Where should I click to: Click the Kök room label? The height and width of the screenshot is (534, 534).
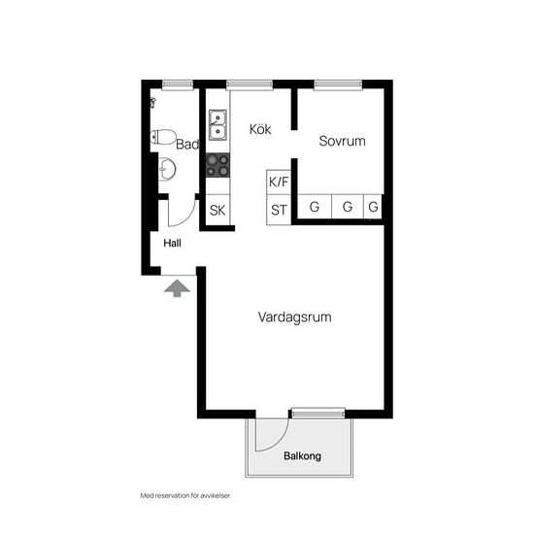(260, 129)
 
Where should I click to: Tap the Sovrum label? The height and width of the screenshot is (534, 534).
(343, 141)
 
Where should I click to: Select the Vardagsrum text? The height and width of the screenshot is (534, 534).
(294, 317)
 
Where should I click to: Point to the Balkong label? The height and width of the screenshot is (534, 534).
(302, 456)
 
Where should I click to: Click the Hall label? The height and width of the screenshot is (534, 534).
(172, 243)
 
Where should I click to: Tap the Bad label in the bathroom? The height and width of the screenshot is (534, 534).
(187, 144)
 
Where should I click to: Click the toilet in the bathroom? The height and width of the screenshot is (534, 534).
(163, 137)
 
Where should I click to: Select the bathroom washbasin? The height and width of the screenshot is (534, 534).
(167, 169)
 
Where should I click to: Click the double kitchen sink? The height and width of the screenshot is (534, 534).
(217, 124)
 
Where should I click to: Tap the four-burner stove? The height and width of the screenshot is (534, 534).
(217, 165)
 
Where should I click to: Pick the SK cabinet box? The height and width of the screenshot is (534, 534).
(217, 210)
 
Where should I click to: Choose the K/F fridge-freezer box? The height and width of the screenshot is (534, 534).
(279, 183)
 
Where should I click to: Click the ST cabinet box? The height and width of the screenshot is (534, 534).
(279, 210)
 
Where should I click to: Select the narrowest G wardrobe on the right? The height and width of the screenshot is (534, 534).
(373, 207)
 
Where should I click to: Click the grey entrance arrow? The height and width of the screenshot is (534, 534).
(177, 288)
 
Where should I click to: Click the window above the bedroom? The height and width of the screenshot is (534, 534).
(338, 84)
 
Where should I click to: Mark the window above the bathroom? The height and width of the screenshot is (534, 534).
(177, 84)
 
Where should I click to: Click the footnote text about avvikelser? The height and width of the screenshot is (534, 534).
(185, 496)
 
